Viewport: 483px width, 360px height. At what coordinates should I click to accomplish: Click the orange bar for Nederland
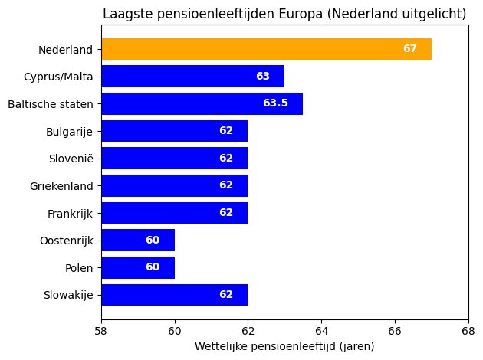(x=266, y=49)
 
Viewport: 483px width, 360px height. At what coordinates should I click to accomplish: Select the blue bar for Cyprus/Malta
(x=192, y=77)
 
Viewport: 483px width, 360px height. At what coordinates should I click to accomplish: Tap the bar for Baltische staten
(x=202, y=103)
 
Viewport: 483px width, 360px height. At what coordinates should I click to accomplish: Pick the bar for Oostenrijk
(x=138, y=241)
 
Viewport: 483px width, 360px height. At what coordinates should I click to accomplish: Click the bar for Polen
(x=138, y=268)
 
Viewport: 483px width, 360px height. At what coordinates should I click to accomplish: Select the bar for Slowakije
(x=174, y=295)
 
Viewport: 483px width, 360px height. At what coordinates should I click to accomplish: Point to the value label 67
(x=410, y=49)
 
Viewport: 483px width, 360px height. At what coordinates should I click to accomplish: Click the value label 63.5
(x=275, y=103)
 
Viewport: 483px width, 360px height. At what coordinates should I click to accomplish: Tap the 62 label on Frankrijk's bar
(x=226, y=213)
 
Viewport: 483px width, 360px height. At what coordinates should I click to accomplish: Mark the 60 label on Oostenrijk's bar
(x=153, y=241)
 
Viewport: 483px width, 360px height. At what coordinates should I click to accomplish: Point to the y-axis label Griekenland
(x=61, y=186)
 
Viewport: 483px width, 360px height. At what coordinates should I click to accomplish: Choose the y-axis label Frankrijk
(x=70, y=213)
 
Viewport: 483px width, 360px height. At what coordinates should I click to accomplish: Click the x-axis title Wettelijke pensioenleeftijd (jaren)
(x=284, y=347)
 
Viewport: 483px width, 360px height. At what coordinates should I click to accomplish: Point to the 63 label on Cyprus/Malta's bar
(x=263, y=77)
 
